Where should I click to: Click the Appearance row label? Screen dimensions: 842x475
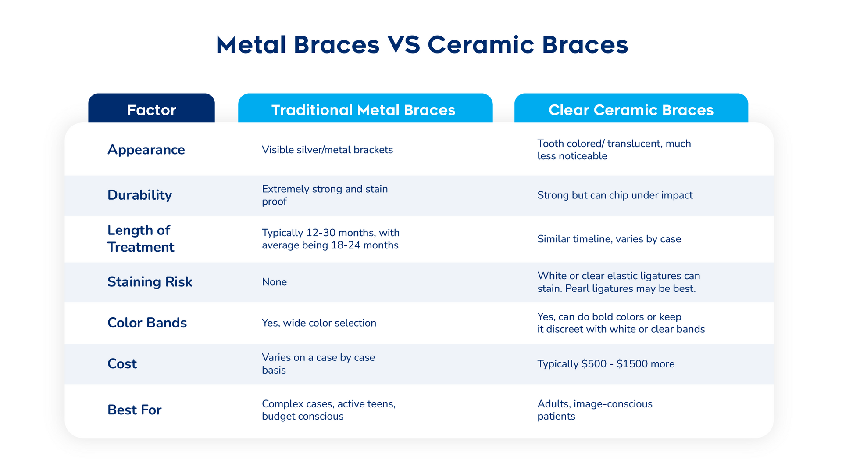click(x=146, y=150)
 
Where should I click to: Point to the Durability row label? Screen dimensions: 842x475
click(x=139, y=195)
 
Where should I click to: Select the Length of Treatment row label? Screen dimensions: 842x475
click(x=141, y=238)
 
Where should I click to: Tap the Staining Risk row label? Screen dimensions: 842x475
click(x=150, y=282)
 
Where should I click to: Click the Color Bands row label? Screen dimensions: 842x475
click(x=147, y=323)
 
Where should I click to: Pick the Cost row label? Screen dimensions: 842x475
click(x=122, y=364)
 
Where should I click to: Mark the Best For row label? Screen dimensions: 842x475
click(x=134, y=410)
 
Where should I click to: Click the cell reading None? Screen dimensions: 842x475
click(x=274, y=282)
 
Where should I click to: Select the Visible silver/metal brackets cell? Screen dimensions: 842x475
click(x=327, y=150)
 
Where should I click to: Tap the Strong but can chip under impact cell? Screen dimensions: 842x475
click(x=615, y=195)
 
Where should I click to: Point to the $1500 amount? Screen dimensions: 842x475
click(x=632, y=364)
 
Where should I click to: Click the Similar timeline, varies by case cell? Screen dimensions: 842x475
click(x=609, y=239)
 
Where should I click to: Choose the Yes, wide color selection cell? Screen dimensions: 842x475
click(x=319, y=323)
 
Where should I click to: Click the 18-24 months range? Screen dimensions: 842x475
click(x=364, y=245)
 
